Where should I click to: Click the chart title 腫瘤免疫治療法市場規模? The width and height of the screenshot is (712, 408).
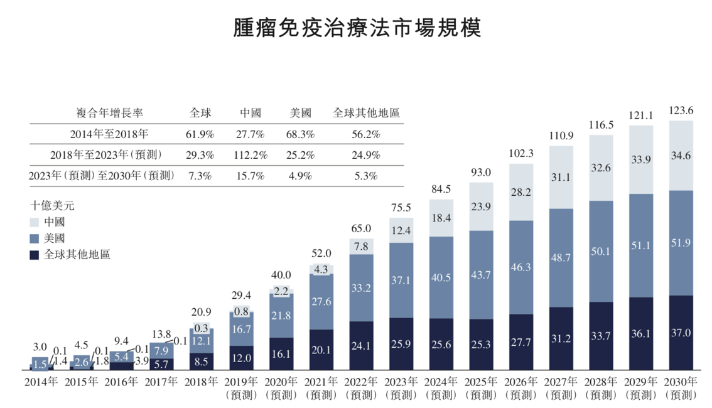[356, 28]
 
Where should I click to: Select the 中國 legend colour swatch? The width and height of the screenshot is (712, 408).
[35, 222]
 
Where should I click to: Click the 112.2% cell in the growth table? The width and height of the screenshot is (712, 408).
[251, 154]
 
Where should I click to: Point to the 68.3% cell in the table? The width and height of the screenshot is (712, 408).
[301, 134]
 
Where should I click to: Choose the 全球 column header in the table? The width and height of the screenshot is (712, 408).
[201, 113]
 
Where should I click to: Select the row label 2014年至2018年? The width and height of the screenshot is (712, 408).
[110, 134]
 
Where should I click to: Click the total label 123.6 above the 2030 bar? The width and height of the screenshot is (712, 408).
[681, 111]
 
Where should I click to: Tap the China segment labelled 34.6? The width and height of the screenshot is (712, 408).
[681, 156]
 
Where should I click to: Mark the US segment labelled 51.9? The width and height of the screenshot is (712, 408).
[681, 243]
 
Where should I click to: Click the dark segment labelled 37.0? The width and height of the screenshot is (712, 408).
[681, 333]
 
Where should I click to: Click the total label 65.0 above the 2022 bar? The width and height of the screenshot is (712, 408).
[361, 228]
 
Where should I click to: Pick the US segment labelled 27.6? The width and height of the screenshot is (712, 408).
[321, 301]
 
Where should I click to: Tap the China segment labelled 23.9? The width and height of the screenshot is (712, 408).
[481, 207]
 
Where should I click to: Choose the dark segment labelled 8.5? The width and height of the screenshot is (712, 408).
[201, 362]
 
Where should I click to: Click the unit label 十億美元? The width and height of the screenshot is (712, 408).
[52, 205]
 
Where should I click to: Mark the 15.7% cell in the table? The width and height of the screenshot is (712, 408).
[251, 176]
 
